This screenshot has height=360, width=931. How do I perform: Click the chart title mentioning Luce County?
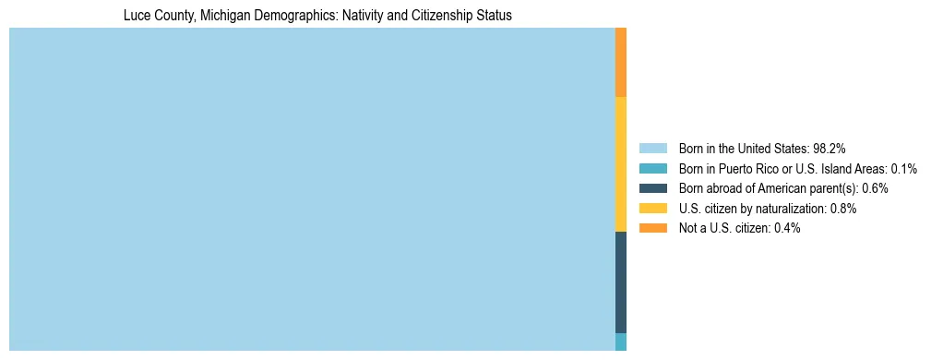click(317, 16)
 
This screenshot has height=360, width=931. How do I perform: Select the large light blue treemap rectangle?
click(312, 189)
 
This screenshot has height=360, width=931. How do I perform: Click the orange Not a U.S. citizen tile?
click(621, 62)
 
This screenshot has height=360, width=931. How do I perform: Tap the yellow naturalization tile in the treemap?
click(621, 164)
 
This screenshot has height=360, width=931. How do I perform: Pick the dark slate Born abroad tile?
click(621, 282)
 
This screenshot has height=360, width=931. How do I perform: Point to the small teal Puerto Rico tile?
click(621, 342)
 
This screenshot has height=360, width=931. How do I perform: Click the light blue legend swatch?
click(652, 148)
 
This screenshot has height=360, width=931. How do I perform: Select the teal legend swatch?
click(652, 168)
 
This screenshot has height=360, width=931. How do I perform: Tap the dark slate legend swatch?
click(652, 188)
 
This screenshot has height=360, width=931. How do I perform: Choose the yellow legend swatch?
click(652, 209)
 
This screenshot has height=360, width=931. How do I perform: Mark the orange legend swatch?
click(652, 228)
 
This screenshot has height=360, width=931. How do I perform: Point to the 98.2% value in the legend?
click(830, 148)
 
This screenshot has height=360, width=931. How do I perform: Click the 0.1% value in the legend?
click(903, 168)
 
